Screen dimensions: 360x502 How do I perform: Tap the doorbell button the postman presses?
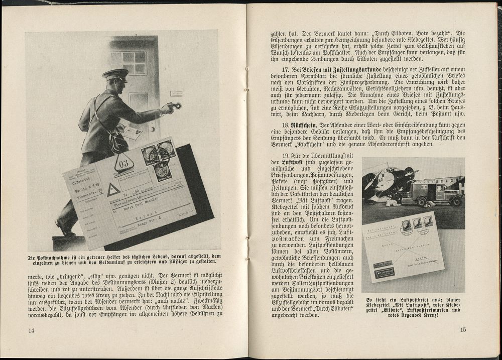click(x=176, y=106)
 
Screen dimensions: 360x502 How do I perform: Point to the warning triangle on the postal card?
click(x=113, y=189)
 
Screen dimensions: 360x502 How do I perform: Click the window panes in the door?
click(x=129, y=62)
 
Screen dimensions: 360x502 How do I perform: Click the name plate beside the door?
click(x=177, y=93)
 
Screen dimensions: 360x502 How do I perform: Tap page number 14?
click(x=32, y=330)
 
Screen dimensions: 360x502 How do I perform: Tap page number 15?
click(x=462, y=330)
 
